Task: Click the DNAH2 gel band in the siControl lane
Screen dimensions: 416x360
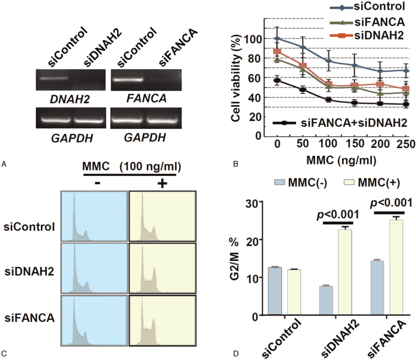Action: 54,79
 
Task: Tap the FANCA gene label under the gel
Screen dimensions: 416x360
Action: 147,98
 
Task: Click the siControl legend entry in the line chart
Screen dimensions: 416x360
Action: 368,6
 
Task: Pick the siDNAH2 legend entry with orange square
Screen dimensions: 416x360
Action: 371,35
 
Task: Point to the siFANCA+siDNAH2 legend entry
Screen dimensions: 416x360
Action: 340,123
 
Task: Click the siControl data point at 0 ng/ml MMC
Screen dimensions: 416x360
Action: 277,38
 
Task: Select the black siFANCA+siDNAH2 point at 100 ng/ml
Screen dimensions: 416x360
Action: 329,100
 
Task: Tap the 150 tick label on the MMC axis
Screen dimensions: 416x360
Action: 355,144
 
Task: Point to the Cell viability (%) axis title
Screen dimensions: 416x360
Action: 236,79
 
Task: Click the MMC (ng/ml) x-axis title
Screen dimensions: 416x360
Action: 341,160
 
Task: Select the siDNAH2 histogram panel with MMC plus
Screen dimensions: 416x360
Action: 162,268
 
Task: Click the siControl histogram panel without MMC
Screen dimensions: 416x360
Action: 94,216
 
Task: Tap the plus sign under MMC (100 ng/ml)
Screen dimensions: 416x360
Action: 162,184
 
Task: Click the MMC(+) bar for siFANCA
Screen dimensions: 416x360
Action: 396,267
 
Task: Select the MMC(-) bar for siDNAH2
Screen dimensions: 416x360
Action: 326,301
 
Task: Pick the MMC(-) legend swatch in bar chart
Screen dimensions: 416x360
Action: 279,182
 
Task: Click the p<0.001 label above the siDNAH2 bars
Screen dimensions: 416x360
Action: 337,214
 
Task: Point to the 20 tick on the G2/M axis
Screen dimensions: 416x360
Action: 252,239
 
